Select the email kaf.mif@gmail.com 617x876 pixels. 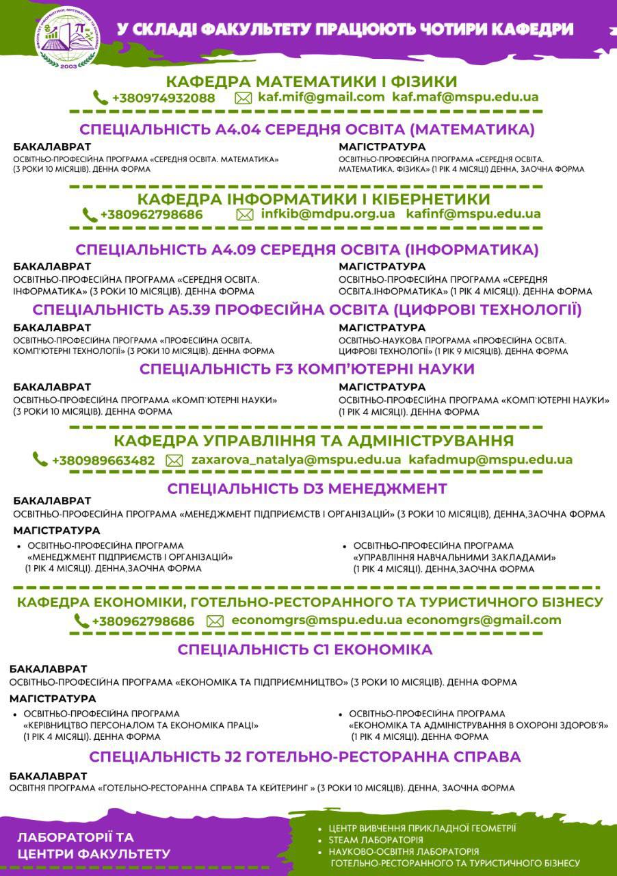321,97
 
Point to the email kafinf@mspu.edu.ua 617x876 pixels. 473,214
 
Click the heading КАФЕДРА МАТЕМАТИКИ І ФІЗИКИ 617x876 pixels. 311,81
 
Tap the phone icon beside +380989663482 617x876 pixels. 40,460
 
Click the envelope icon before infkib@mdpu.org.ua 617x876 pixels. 244,214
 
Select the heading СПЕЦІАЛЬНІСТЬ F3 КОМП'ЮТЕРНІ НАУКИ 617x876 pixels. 307,369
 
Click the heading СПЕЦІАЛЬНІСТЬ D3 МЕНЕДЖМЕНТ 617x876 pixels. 307,489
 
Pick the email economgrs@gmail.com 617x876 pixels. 484,620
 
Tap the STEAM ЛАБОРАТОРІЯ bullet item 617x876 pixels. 376,840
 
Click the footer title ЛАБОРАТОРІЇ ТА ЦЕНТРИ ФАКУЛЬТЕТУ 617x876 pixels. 94,845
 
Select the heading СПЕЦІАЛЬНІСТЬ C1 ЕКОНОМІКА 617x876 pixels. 305,649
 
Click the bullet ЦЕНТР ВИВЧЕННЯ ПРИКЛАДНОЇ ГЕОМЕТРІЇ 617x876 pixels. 422,827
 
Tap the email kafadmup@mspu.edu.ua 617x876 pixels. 490,460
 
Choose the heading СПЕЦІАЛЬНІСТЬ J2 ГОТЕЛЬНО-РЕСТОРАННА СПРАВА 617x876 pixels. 305,757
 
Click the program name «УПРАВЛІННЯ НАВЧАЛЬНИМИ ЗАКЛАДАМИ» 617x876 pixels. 454,558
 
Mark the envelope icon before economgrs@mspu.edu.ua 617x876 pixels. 215,621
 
